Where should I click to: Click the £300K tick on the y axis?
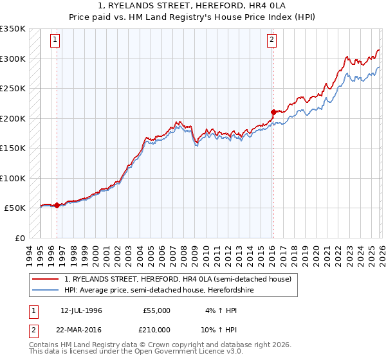point(13,59)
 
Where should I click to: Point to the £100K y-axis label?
point(13,178)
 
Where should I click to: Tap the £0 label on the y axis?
point(19,238)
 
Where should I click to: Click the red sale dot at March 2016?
point(273,112)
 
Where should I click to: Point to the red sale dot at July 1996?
point(57,205)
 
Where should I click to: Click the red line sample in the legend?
point(46,279)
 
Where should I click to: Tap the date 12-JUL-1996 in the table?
point(81,310)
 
